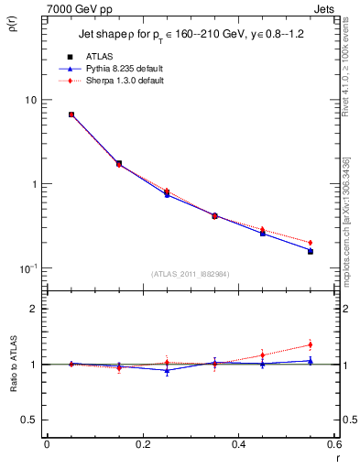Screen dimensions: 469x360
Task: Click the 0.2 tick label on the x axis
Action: [x=142, y=446]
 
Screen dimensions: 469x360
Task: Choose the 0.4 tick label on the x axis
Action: [x=238, y=446]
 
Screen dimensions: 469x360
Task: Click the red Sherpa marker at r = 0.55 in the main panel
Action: [x=310, y=243]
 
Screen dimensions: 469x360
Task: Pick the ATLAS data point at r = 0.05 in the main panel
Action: [x=71, y=115]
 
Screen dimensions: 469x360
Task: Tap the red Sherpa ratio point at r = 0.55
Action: [x=310, y=345]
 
